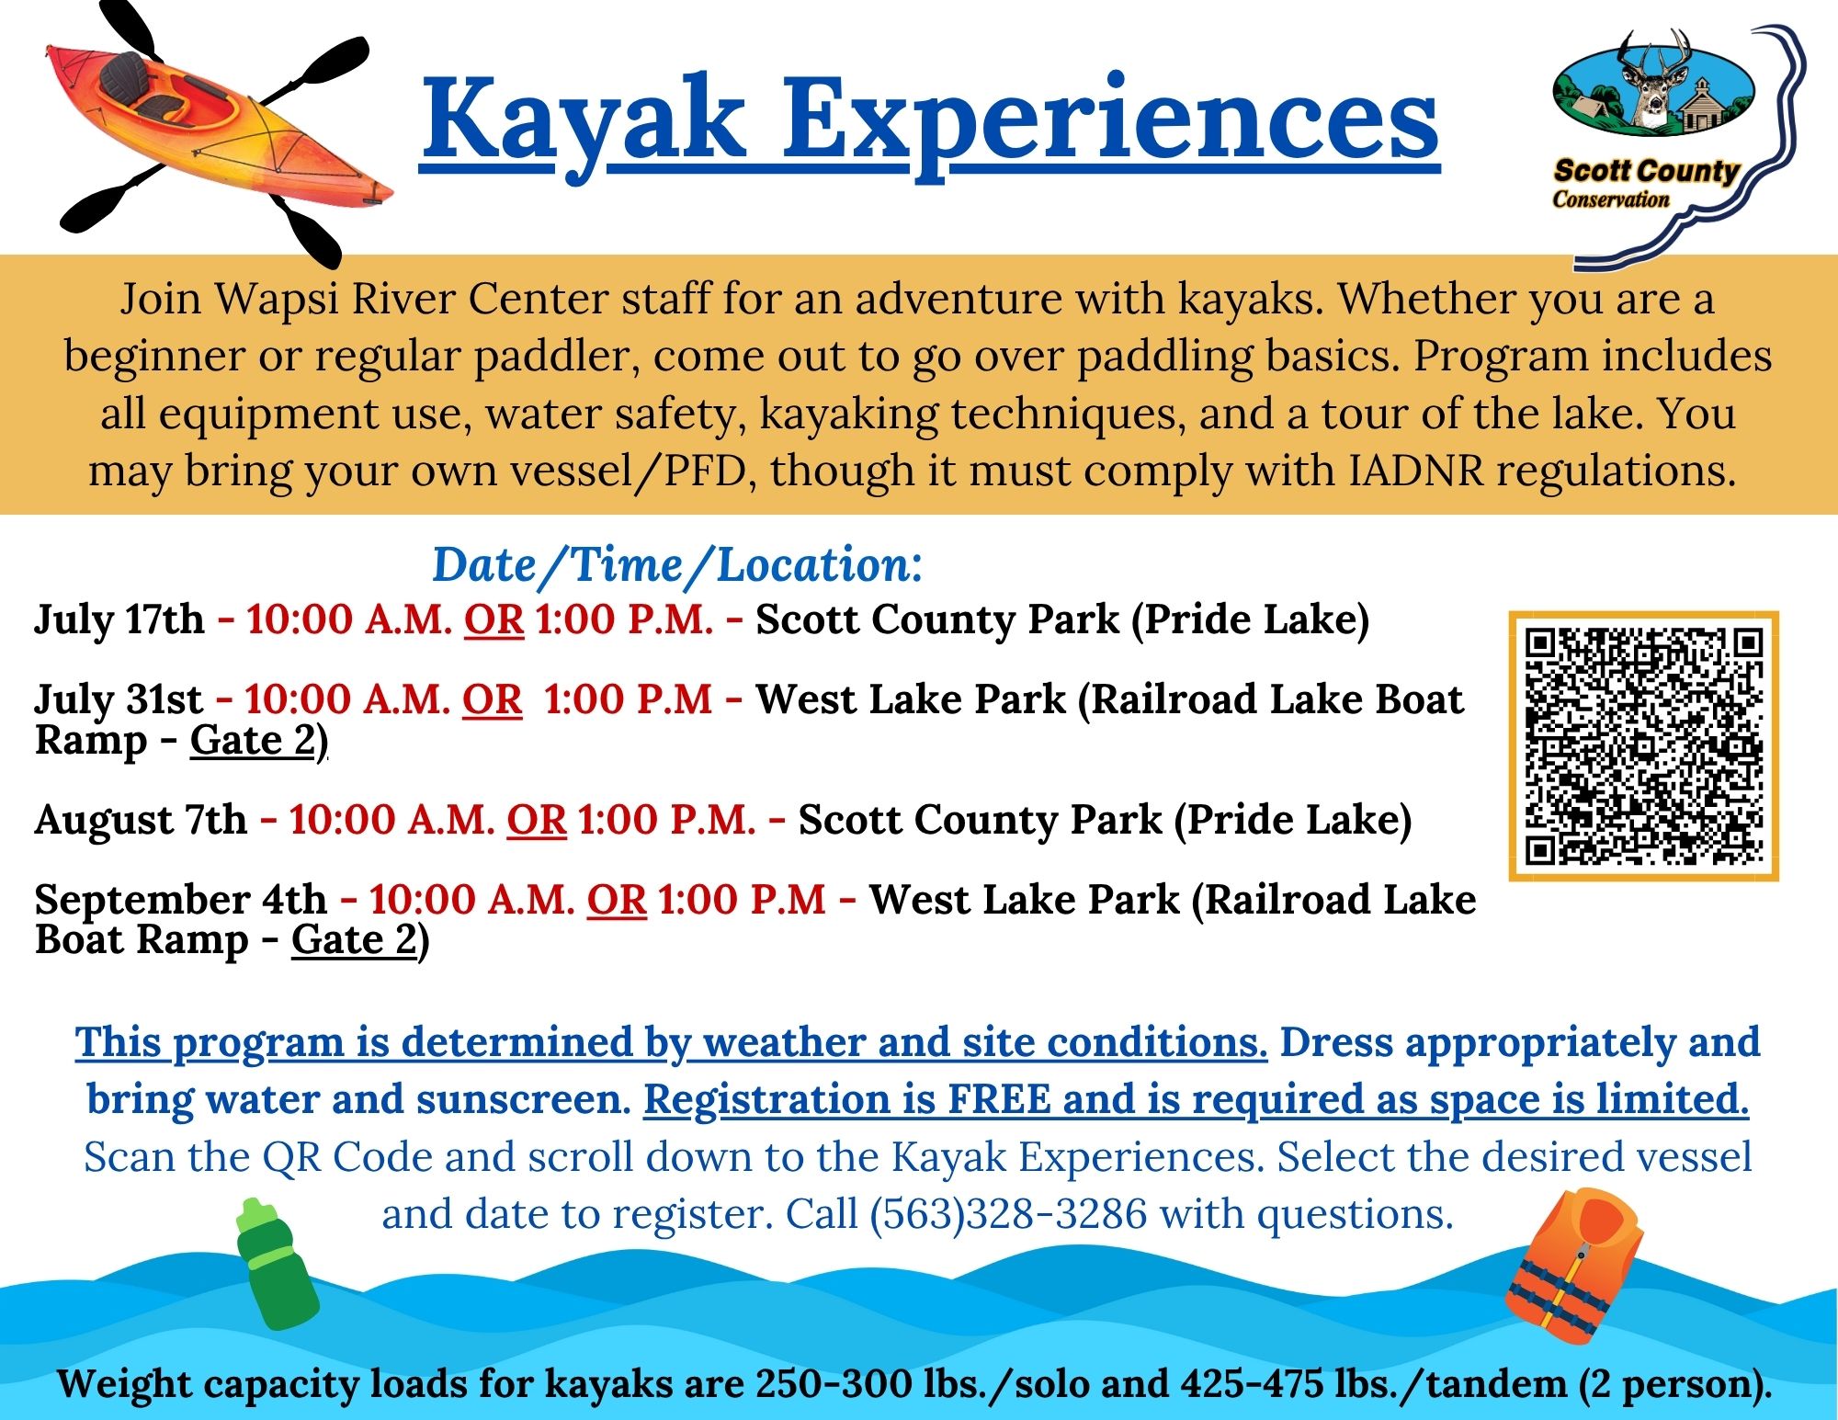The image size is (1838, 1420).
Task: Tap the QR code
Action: pos(1644,745)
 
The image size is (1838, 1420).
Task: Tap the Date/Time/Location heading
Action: pos(677,564)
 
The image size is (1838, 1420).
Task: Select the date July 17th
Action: pos(119,619)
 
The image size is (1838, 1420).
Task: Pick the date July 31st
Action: pos(119,699)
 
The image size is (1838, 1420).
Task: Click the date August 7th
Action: pos(141,819)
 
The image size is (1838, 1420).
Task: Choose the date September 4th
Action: pos(181,899)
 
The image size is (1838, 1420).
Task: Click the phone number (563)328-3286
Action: pos(1008,1214)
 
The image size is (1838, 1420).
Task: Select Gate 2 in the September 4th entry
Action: pos(354,939)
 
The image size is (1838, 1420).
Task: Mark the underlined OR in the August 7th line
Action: pos(537,820)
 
